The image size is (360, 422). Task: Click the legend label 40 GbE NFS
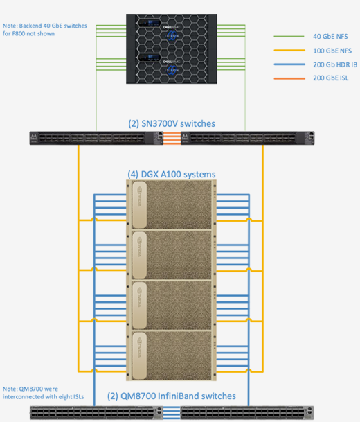tap(330, 36)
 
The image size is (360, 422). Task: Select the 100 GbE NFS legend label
tap(332, 51)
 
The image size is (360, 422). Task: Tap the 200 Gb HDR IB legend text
tap(335, 64)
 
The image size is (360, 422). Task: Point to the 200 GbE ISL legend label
tap(331, 78)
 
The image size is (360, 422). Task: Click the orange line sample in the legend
tap(289, 78)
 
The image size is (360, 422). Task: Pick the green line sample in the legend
tap(289, 36)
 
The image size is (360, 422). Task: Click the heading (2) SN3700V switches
tap(172, 123)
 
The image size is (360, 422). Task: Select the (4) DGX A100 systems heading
tap(172, 174)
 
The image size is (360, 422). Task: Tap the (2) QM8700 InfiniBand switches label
tap(172, 396)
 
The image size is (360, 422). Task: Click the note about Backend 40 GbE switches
tap(45, 30)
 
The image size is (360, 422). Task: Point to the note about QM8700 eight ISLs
tap(44, 393)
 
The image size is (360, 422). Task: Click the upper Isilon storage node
tap(172, 31)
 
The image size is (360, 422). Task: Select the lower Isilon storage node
tap(172, 67)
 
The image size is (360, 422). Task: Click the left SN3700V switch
tap(96, 138)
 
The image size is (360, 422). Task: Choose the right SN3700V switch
tap(247, 138)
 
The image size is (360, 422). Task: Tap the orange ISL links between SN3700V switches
tap(172, 138)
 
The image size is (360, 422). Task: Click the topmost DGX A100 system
tap(172, 204)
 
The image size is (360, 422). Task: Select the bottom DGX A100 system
tap(172, 355)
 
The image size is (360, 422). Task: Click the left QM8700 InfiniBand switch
tap(96, 413)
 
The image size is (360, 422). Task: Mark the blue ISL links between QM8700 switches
tap(172, 413)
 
